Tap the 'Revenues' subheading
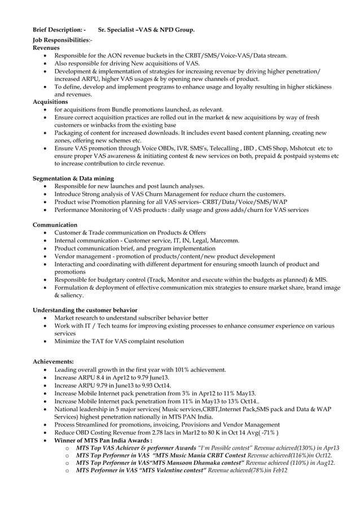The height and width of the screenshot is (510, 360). pyautogui.click(x=46, y=48)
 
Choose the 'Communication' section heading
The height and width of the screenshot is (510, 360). pyautogui.click(x=55, y=225)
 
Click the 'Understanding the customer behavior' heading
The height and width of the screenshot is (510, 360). pyautogui.click(x=85, y=310)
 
